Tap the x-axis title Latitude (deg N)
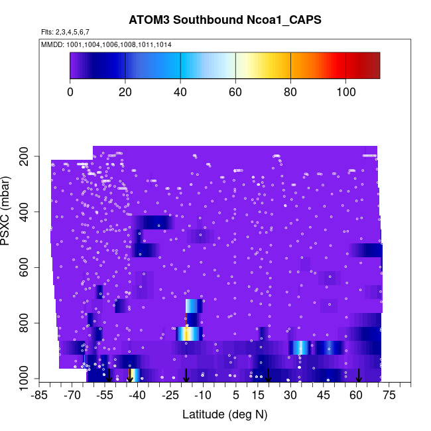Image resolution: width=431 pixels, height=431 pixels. point(224,414)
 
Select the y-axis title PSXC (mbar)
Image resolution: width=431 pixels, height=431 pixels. point(9,211)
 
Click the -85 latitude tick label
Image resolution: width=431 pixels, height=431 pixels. point(40,396)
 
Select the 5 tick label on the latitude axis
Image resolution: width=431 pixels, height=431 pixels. point(236,396)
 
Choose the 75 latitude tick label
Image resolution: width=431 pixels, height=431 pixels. point(389,396)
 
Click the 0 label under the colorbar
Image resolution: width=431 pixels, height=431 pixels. point(70,92)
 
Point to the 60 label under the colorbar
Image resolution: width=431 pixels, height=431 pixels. point(235,92)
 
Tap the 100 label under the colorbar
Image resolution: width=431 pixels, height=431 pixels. point(345,92)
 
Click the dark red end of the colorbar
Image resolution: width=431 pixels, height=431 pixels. point(375,66)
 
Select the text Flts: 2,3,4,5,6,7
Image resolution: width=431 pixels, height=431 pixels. point(65,32)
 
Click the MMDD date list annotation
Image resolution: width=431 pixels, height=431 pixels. point(106,44)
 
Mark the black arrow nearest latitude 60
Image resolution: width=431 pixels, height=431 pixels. point(359,375)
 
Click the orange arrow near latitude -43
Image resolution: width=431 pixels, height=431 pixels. point(130,375)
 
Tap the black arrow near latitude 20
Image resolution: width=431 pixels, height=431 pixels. point(269,375)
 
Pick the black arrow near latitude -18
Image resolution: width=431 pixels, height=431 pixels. point(186,375)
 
